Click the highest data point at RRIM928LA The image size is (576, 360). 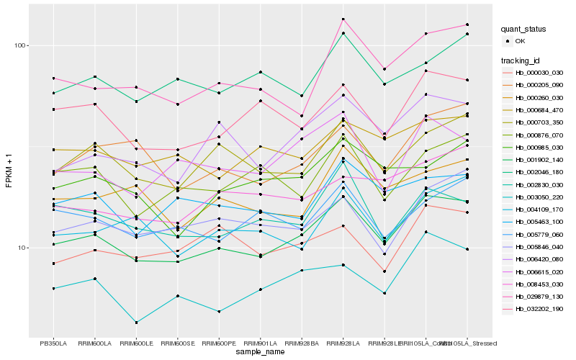343,19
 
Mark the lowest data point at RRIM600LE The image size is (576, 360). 136,323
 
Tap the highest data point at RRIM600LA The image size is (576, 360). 95,76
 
